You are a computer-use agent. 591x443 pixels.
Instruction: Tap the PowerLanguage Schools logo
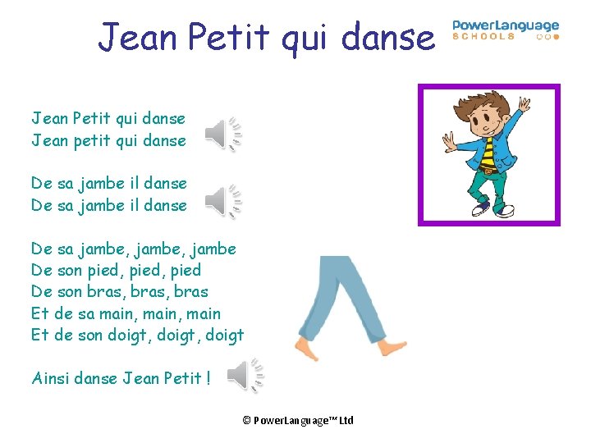tap(506, 30)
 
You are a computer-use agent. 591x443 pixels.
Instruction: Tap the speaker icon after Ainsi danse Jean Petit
tap(245, 375)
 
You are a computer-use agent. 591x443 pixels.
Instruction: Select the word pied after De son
tap(103, 270)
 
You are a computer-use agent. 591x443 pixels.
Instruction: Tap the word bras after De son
tap(103, 291)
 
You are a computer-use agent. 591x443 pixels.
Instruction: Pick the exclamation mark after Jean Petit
tap(208, 378)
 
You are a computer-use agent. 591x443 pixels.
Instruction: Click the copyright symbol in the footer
tap(246, 420)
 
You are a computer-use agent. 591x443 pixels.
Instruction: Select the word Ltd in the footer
tap(346, 420)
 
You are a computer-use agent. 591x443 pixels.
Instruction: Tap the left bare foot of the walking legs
tap(307, 350)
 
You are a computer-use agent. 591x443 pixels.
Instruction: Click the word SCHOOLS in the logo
tap(484, 37)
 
